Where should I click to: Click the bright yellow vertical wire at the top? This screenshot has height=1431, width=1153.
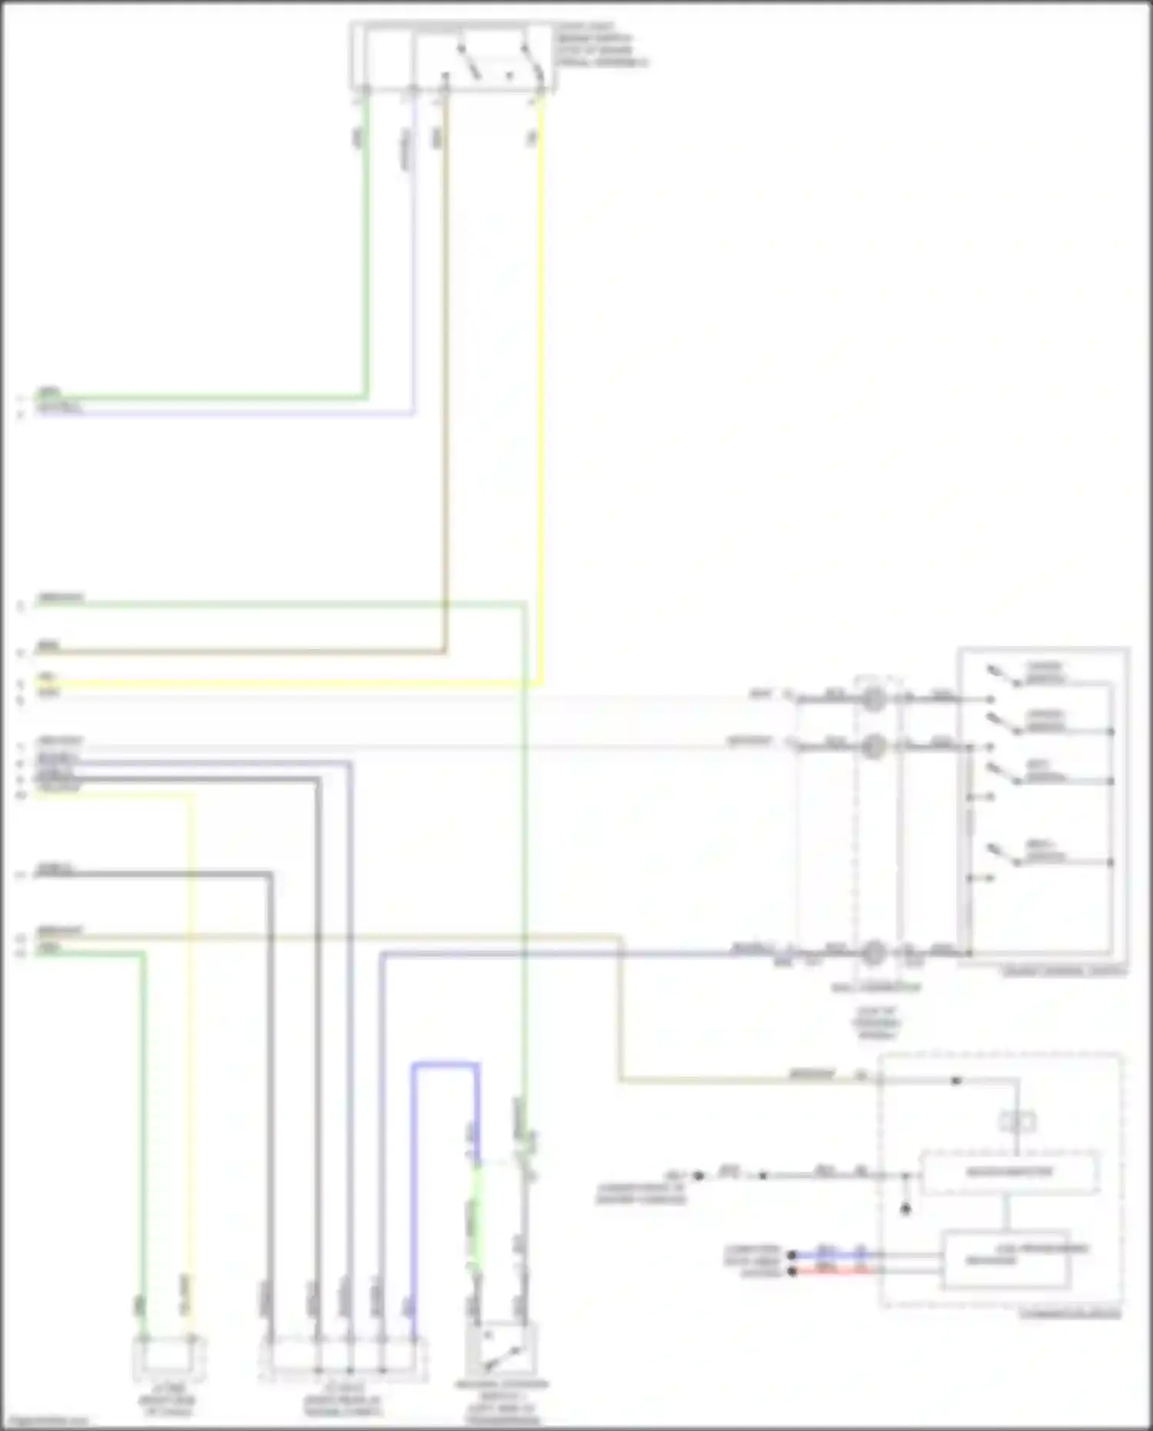(542, 384)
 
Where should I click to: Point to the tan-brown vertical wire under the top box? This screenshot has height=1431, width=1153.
(445, 384)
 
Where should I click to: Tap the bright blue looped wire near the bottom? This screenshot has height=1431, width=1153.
(444, 1066)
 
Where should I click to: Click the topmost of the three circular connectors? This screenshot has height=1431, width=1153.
(873, 699)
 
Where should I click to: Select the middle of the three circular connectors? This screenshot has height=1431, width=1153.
(873, 746)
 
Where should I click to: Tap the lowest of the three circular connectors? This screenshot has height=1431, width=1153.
(873, 953)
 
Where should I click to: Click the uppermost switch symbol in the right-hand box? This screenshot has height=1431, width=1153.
(1004, 674)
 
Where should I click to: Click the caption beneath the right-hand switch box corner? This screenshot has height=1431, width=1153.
(1065, 972)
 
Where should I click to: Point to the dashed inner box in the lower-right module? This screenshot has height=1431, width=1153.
(1009, 1173)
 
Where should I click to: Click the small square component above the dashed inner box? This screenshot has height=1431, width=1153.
(1017, 1122)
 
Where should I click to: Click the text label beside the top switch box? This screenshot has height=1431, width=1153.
(600, 45)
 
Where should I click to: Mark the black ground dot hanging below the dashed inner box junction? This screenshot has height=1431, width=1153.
(905, 1210)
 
